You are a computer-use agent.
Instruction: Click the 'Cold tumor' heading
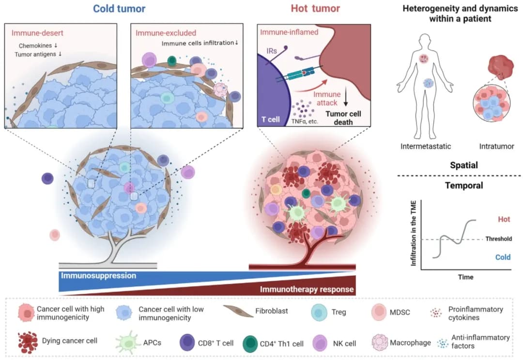point(119,8)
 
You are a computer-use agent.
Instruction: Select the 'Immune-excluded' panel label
point(159,33)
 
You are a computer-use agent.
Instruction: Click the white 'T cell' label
point(271,119)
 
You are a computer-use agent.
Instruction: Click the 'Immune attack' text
point(328,99)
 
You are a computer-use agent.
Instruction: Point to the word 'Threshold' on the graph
point(498,239)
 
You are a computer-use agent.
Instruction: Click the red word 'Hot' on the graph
point(504,219)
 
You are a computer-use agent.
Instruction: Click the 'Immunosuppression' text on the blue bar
point(98,275)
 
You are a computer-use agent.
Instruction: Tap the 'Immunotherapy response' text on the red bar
point(307,290)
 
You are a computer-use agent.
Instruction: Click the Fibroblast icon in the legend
point(240,312)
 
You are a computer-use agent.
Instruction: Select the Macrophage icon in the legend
point(380,343)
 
